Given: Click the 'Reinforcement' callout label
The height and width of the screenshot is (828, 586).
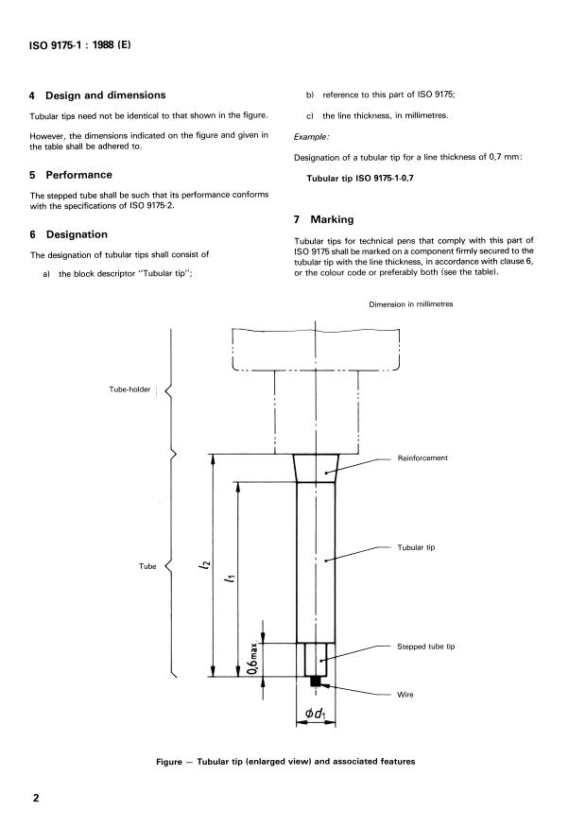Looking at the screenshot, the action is click(422, 457).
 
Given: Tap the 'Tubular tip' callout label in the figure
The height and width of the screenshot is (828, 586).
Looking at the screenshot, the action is click(416, 547).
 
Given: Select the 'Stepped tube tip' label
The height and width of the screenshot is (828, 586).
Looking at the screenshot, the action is click(425, 647).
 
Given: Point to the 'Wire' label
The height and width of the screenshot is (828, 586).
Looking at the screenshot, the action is click(405, 695).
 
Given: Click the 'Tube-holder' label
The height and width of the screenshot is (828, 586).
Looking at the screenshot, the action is click(129, 389).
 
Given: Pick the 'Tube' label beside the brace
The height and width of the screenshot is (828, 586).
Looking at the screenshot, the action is click(147, 566).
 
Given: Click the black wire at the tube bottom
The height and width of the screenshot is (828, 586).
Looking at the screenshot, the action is click(315, 681).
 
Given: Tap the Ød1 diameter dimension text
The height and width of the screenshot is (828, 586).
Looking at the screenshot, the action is click(316, 714).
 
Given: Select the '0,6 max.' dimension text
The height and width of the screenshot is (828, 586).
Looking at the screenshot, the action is click(253, 659).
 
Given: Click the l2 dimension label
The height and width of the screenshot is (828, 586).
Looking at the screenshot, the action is click(205, 564).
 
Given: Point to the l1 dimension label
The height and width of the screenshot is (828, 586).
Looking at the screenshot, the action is click(231, 578).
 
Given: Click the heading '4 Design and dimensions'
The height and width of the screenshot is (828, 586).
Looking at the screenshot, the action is click(97, 95).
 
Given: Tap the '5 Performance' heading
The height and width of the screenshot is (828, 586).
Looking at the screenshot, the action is click(71, 175).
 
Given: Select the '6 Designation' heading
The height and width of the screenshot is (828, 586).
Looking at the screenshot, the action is click(69, 234).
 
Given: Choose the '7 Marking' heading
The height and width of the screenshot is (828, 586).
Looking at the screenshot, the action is click(323, 219).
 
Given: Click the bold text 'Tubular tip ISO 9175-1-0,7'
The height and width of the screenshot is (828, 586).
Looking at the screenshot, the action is click(360, 178).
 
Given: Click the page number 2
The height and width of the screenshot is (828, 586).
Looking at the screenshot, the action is click(36, 798).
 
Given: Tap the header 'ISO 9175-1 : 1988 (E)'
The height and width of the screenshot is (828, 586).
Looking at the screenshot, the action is click(79, 44).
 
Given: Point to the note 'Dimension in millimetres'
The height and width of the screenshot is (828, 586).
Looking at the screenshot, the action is click(411, 304).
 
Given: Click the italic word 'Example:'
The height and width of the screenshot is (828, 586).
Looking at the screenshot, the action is click(312, 137).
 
